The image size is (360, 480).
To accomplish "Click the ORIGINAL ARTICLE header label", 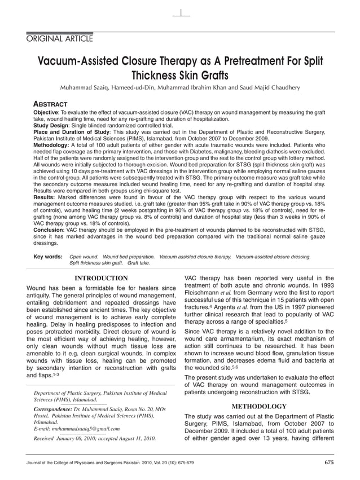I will point(60,38).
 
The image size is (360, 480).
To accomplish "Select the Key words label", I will point(48,257).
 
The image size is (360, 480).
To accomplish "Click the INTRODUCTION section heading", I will point(102,278).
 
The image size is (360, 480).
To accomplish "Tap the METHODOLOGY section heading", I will point(259,406).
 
